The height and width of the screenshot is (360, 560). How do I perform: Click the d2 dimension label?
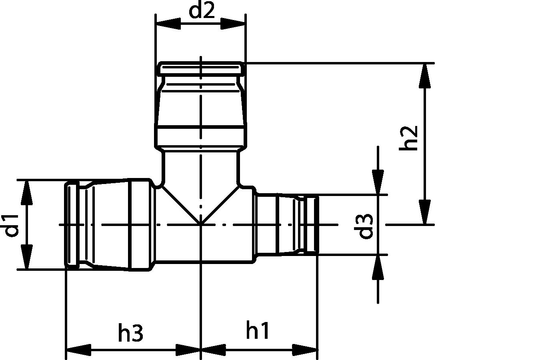point(202,11)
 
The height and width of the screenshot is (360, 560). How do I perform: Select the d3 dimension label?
point(365,226)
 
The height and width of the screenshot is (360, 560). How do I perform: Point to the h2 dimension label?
point(409,138)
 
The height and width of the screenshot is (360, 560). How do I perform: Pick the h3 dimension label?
point(131,333)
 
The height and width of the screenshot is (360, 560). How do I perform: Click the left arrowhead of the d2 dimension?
point(168,24)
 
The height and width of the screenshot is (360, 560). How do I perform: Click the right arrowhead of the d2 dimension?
point(233,24)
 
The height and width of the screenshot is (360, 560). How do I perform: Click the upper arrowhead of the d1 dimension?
point(26,193)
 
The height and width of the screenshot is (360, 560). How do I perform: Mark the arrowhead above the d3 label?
point(378,182)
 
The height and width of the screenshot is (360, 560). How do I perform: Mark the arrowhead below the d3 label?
point(378,267)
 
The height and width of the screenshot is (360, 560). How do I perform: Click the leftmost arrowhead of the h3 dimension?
point(78,350)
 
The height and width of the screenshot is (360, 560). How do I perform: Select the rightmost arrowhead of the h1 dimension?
point(306,350)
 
